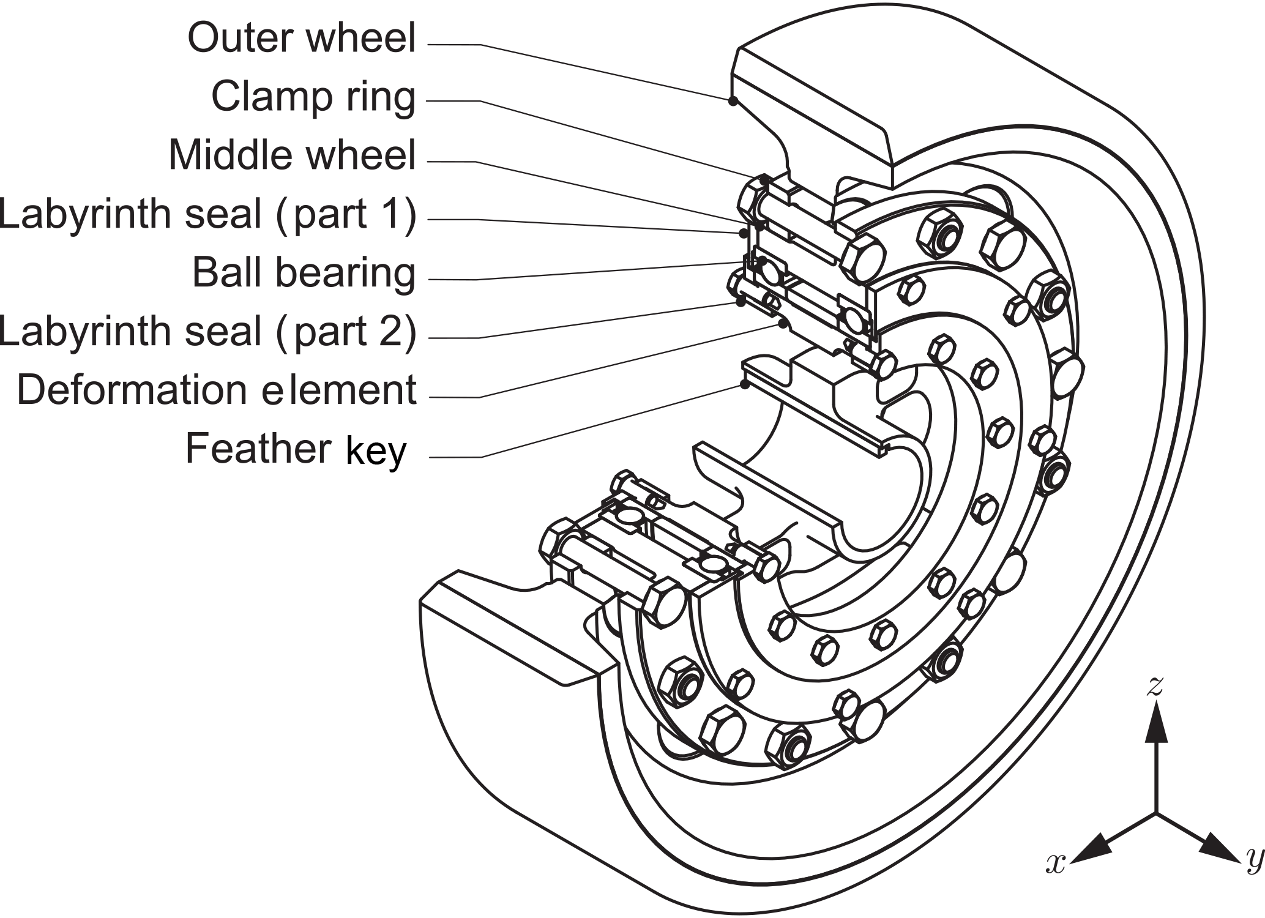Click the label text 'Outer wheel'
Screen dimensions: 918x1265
[301, 38]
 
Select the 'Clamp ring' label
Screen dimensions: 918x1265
[313, 97]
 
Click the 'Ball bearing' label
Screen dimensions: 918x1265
[304, 273]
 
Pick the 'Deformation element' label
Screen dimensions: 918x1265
[217, 390]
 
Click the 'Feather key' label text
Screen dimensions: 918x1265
[296, 449]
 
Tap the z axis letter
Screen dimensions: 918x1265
[1154, 687]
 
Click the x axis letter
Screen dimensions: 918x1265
[1056, 862]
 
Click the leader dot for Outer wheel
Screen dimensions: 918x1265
[732, 102]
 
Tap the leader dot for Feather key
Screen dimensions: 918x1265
[744, 384]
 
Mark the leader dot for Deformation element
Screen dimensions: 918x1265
[782, 324]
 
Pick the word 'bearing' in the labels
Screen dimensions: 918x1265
[345, 274]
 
